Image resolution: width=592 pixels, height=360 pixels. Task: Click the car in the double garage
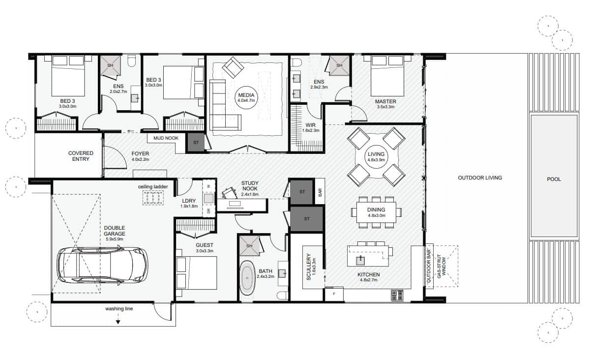[x=103, y=265]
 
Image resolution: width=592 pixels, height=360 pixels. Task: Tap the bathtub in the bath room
[x=247, y=278]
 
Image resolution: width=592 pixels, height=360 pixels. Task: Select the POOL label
[x=554, y=179]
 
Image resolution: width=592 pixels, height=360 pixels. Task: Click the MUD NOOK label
[x=166, y=138]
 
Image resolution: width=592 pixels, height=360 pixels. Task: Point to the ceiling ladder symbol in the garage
[x=153, y=197]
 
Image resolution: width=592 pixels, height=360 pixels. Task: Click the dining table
[x=376, y=212]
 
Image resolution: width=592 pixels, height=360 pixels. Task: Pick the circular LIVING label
[x=376, y=156]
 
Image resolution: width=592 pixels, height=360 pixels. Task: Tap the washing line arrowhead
[x=118, y=322]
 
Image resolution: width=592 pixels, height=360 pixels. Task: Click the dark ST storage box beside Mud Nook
[x=196, y=143]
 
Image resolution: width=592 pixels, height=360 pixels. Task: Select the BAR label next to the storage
[x=320, y=192]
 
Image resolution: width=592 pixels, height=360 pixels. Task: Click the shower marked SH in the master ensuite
[x=339, y=65]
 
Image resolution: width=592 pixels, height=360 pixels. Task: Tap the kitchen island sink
[x=360, y=261]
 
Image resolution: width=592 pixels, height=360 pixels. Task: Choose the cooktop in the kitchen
[x=397, y=295]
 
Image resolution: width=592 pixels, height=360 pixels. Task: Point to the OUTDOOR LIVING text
[x=480, y=178]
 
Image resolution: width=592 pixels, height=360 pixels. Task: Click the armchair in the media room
[x=233, y=67]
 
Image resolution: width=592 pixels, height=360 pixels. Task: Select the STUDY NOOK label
[x=250, y=186]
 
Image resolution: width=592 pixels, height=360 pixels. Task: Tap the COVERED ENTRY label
[x=81, y=156]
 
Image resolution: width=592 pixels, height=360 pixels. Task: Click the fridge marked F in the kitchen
[x=334, y=294]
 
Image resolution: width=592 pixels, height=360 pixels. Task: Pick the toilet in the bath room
[x=283, y=295]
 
